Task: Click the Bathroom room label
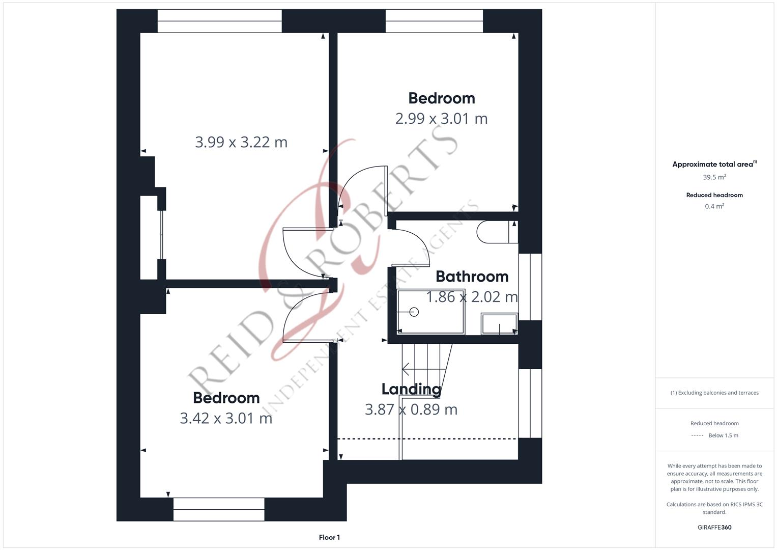(472, 277)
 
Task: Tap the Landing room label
(411, 389)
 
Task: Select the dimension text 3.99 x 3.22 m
(241, 142)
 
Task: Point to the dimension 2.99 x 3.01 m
(441, 119)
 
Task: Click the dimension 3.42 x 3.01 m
(226, 418)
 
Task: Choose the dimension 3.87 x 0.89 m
(411, 409)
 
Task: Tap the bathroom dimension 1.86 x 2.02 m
(472, 297)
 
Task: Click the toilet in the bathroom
(496, 232)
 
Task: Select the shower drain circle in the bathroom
(414, 312)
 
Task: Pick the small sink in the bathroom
(499, 324)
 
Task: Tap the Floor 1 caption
(329, 537)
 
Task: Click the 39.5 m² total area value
(714, 177)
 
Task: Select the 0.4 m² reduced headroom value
(714, 206)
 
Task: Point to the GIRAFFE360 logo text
(714, 527)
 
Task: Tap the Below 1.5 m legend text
(723, 435)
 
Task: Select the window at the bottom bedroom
(219, 509)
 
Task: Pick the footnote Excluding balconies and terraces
(714, 393)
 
